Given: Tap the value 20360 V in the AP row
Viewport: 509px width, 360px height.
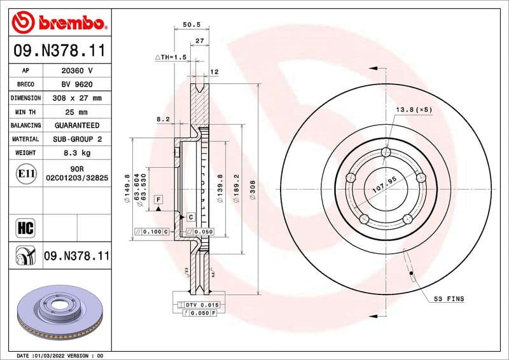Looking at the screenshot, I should pyautogui.click(x=77, y=71).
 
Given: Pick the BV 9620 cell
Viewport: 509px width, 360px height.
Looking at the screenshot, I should pyautogui.click(x=77, y=85).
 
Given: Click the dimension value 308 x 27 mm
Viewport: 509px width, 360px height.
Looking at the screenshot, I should pyautogui.click(x=77, y=99).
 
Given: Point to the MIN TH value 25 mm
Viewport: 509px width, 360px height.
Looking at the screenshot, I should pyautogui.click(x=77, y=112).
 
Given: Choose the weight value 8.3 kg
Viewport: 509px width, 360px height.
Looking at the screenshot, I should pyautogui.click(x=77, y=153).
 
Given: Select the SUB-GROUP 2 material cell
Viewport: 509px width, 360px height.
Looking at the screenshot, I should pyautogui.click(x=77, y=139).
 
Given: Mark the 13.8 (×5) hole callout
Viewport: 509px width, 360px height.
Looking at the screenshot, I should pyautogui.click(x=414, y=110).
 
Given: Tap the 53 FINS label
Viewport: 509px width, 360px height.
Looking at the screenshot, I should pyautogui.click(x=449, y=298).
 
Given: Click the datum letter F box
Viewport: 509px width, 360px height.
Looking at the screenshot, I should pyautogui.click(x=157, y=200).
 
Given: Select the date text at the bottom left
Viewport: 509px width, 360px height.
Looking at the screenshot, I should pyautogui.click(x=59, y=355).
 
